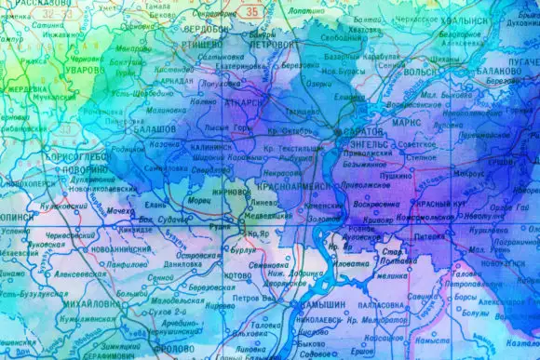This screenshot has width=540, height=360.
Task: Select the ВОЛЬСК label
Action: (x=422, y=71)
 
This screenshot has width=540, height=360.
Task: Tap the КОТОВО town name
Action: (x=238, y=275)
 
